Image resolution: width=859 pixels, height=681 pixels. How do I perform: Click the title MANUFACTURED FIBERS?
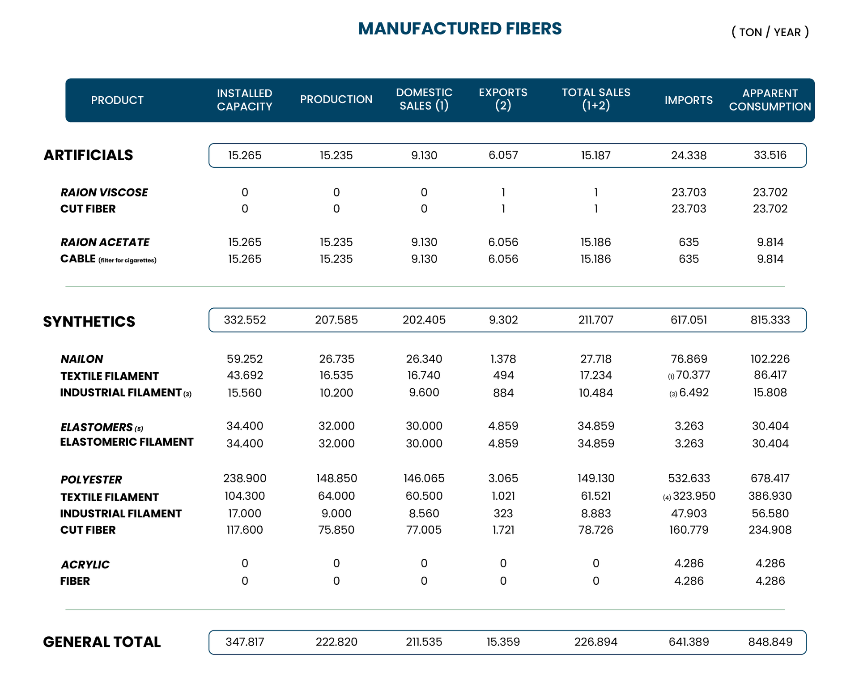tap(459, 29)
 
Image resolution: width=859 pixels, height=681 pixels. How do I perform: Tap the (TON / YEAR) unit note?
tap(770, 32)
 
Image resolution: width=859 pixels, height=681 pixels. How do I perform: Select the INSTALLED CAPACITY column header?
tap(244, 100)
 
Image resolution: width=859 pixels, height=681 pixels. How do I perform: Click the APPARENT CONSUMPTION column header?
tap(770, 100)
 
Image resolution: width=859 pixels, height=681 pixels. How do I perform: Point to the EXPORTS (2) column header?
tap(503, 99)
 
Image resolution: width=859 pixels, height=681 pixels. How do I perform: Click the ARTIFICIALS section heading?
tap(88, 155)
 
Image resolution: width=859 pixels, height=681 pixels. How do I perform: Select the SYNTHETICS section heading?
tap(89, 322)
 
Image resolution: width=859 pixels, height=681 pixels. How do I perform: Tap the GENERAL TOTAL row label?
tap(102, 642)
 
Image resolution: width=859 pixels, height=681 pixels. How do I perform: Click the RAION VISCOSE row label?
tap(104, 192)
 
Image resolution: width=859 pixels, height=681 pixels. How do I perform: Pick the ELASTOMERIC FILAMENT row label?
tap(127, 442)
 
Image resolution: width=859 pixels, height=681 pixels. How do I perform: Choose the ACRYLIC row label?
tap(85, 565)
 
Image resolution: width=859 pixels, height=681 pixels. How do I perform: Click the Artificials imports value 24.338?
tap(689, 155)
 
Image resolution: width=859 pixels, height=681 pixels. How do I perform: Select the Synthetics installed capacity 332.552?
tap(245, 320)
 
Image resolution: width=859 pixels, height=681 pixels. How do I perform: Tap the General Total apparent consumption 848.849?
tap(770, 642)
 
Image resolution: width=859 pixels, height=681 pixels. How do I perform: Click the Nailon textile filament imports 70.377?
tap(693, 375)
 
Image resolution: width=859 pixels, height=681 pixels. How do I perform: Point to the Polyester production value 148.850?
tap(336, 478)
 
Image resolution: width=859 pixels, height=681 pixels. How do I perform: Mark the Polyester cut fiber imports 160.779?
tap(689, 530)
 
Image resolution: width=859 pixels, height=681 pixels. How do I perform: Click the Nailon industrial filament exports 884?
tap(503, 393)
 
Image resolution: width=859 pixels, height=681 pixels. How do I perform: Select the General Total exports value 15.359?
tap(503, 642)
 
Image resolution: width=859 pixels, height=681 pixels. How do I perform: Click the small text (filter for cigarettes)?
tap(128, 260)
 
